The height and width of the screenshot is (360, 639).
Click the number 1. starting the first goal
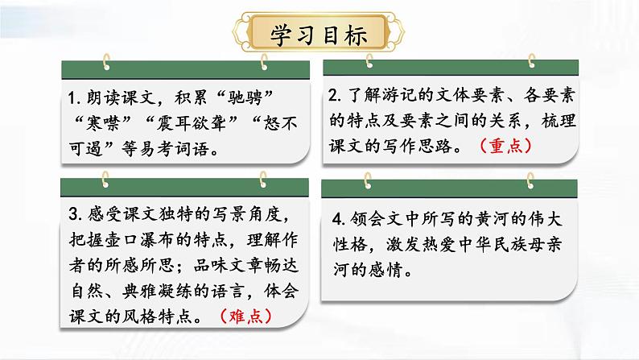point(76,99)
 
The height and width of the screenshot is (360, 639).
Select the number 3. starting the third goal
point(76,215)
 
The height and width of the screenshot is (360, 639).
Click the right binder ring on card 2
point(532,60)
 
